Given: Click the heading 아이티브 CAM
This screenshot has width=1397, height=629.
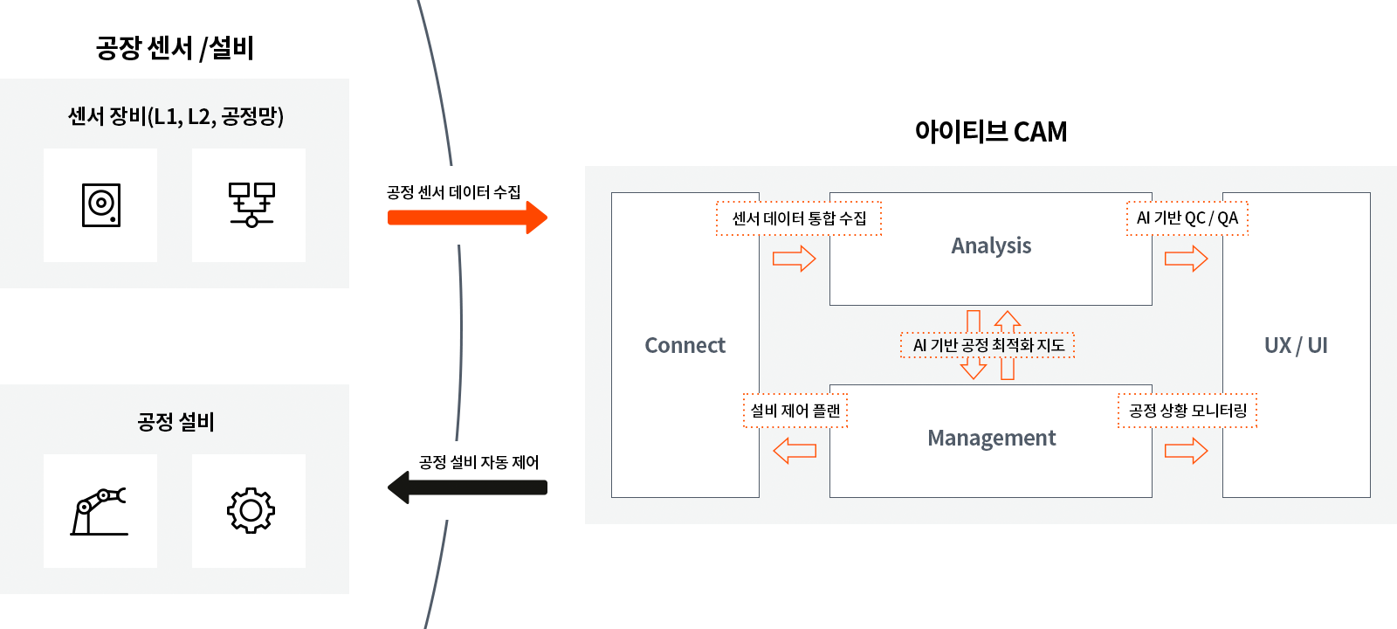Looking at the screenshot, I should tap(990, 132).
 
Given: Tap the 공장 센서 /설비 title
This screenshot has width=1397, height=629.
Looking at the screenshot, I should tap(175, 48).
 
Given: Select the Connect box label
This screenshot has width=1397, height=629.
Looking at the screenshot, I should tap(685, 346).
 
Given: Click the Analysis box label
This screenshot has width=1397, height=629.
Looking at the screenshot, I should tap(991, 246).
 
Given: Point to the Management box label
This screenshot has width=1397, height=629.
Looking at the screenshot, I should tap(991, 439).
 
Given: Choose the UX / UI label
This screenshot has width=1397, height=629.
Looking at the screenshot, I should tap(1296, 346).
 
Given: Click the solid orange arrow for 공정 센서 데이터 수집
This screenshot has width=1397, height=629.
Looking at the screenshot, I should tap(467, 218).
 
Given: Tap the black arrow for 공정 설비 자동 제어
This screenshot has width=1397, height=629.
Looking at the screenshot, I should tap(467, 487).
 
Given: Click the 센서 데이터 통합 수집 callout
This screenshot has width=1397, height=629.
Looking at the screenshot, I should tap(799, 218).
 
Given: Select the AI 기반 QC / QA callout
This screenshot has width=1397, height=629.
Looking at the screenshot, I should tap(1187, 218).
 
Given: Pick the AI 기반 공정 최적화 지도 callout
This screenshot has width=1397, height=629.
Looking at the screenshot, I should tap(988, 345).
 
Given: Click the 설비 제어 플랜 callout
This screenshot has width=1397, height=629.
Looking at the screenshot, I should tap(795, 411).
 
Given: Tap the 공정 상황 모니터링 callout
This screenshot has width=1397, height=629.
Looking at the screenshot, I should tap(1187, 411).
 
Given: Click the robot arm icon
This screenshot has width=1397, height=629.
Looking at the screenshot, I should tap(100, 511).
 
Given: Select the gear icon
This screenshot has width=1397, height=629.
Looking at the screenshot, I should tap(251, 511).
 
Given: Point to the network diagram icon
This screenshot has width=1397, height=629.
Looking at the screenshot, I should tap(251, 205).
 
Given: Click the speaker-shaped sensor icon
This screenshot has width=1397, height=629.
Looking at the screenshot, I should tap(100, 205).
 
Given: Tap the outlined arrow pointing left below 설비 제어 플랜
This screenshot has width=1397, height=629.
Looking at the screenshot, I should tap(795, 451).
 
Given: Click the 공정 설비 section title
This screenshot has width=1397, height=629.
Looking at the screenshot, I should tap(175, 422).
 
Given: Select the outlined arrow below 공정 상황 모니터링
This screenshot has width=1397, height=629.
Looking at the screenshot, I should tap(1187, 451).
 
